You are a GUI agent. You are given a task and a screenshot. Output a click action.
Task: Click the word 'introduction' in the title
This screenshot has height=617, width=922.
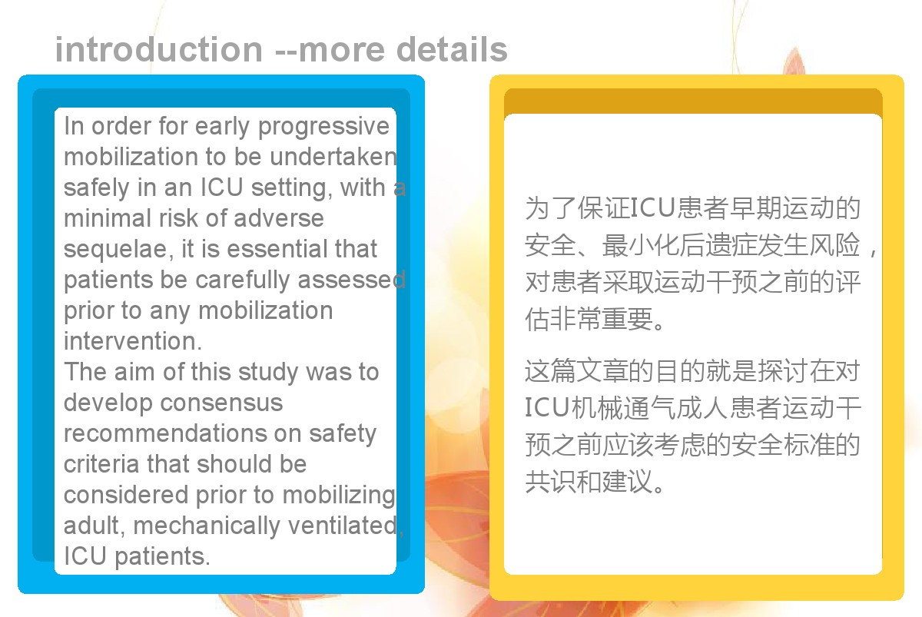(x=159, y=49)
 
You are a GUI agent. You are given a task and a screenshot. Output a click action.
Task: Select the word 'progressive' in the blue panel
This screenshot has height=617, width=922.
(x=323, y=127)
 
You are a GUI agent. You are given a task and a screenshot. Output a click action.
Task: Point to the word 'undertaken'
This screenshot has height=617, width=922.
(x=333, y=157)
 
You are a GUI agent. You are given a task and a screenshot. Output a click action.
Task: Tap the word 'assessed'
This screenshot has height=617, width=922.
(x=352, y=280)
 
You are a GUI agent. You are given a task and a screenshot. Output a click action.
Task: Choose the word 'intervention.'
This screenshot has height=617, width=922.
(x=133, y=341)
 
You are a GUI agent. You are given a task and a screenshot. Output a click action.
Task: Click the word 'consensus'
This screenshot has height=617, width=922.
(x=221, y=403)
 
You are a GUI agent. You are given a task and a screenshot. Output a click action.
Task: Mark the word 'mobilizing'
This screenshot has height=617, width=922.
(x=339, y=496)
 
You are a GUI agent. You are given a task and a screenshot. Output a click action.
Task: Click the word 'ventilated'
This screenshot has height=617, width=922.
(x=343, y=526)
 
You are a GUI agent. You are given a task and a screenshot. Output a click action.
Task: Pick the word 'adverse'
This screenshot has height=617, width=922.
(x=279, y=218)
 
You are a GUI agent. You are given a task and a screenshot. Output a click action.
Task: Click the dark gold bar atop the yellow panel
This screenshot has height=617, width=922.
(x=693, y=101)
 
